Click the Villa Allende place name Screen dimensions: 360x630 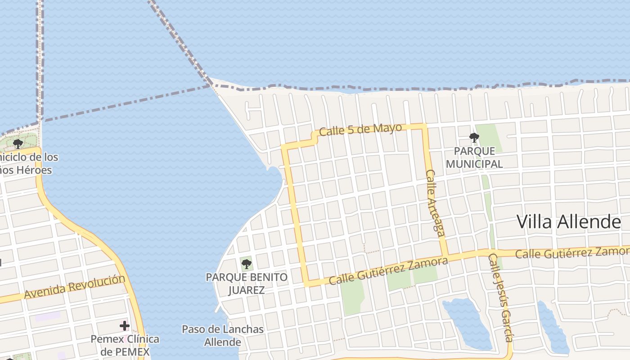[x=568, y=222]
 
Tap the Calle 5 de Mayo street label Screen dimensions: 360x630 [x=360, y=130]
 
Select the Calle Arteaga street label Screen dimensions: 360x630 [x=435, y=202]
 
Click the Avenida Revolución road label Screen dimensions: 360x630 [x=75, y=287]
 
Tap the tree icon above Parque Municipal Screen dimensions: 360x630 [x=474, y=138]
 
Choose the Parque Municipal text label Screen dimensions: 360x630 [x=474, y=157]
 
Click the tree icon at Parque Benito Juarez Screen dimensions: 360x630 [x=246, y=264]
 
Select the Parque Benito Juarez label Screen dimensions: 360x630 [x=247, y=283]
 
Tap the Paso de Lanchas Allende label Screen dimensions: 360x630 [x=223, y=336]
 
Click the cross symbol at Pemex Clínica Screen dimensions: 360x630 [x=125, y=325]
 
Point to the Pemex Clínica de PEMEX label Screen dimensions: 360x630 [x=125, y=345]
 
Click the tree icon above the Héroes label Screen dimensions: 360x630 [x=18, y=144]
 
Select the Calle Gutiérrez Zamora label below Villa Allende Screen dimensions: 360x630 [x=571, y=253]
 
